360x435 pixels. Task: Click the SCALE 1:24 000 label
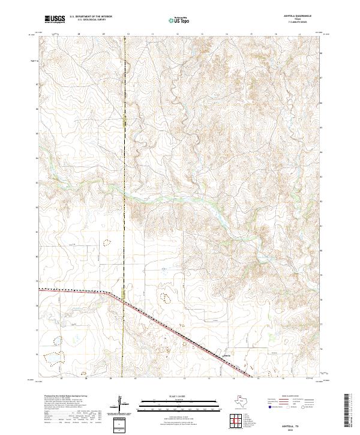pos(172,396)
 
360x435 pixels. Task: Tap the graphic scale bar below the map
pos(172,403)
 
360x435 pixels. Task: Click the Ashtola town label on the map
pos(226,355)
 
